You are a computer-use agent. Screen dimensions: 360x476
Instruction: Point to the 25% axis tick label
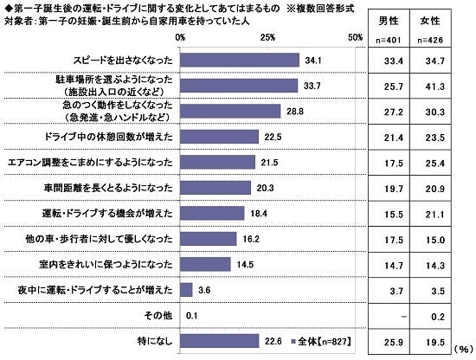coord(267,38)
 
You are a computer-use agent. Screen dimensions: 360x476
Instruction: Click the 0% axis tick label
coord(180,38)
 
